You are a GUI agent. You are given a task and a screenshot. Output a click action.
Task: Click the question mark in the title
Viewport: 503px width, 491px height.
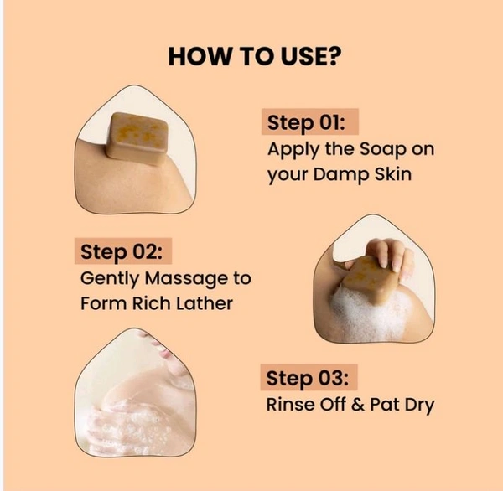(331, 56)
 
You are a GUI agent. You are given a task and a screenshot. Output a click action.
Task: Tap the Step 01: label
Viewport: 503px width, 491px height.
(306, 123)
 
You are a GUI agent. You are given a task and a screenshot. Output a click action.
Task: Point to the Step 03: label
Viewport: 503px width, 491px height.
(308, 378)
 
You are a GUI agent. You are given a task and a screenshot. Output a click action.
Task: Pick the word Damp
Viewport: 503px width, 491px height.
(340, 175)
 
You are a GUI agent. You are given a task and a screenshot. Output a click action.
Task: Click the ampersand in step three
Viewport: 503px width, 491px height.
(358, 405)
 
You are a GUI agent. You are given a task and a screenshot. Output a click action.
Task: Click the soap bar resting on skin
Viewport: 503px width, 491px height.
(137, 138)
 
